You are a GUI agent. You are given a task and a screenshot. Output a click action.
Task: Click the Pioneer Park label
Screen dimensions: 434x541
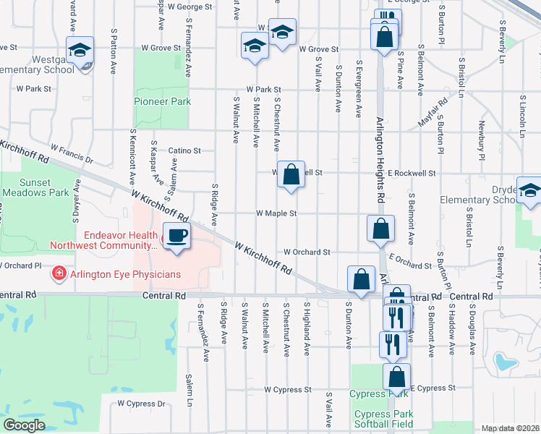point(163,102)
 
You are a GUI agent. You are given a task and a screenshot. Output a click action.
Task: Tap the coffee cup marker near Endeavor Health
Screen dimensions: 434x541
point(176,235)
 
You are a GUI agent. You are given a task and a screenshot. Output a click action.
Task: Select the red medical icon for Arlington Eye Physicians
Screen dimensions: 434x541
point(57,273)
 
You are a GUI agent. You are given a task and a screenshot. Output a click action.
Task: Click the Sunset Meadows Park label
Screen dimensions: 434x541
point(35,188)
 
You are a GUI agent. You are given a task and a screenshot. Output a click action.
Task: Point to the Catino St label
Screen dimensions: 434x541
point(184,151)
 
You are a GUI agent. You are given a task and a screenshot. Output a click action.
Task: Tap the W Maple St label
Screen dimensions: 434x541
point(277,213)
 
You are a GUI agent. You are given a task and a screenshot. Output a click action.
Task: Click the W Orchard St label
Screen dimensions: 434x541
point(307,252)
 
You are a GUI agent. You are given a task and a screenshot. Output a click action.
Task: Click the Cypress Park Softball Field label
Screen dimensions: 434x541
point(383,420)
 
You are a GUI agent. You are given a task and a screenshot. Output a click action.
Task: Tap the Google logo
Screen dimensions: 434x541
point(24,425)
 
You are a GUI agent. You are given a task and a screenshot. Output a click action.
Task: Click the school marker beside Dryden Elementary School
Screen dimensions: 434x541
point(529,190)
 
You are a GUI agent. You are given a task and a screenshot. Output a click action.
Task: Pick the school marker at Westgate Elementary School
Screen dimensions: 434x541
point(80,50)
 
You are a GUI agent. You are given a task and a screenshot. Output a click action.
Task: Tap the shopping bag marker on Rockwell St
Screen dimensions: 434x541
point(291,174)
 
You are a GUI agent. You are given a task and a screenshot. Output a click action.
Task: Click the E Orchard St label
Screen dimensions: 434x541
point(410,261)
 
